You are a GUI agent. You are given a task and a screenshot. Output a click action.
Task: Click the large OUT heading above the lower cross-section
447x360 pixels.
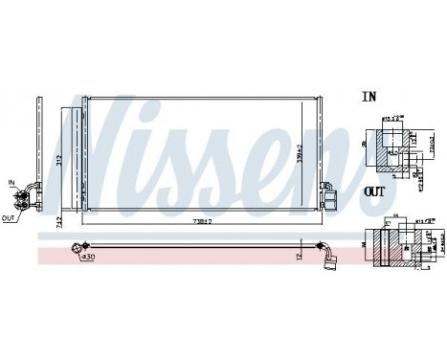(374, 191)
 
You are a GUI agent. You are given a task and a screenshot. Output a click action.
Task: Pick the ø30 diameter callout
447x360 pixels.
(87, 258)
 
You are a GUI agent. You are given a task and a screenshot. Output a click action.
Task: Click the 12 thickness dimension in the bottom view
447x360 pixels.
(300, 255)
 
